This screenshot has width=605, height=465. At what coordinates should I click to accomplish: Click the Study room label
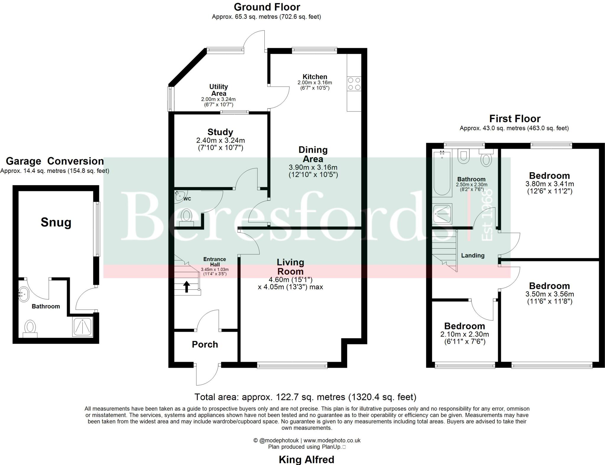click(220, 132)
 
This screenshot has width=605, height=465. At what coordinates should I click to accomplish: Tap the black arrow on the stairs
click(186, 287)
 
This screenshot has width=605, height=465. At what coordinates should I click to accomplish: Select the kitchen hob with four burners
click(354, 84)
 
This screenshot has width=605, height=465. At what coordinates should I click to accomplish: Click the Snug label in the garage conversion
click(56, 222)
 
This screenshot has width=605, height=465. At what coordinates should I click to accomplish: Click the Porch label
click(205, 344)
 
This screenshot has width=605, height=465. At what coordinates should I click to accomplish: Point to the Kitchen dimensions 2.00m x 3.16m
click(315, 82)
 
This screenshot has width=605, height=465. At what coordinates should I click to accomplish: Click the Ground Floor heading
click(267, 7)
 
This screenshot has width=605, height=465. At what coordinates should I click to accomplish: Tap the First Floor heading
click(515, 118)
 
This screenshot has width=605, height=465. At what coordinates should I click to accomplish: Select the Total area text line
click(305, 397)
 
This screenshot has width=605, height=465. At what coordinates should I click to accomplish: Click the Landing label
click(473, 256)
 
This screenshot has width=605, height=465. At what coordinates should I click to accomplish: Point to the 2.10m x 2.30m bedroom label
click(464, 334)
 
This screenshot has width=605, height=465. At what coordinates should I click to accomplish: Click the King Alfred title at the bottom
click(306, 459)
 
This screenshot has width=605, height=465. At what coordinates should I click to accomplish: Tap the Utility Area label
click(218, 90)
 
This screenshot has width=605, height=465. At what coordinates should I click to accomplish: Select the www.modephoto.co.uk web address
click(332, 440)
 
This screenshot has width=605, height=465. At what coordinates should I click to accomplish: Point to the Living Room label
click(290, 266)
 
